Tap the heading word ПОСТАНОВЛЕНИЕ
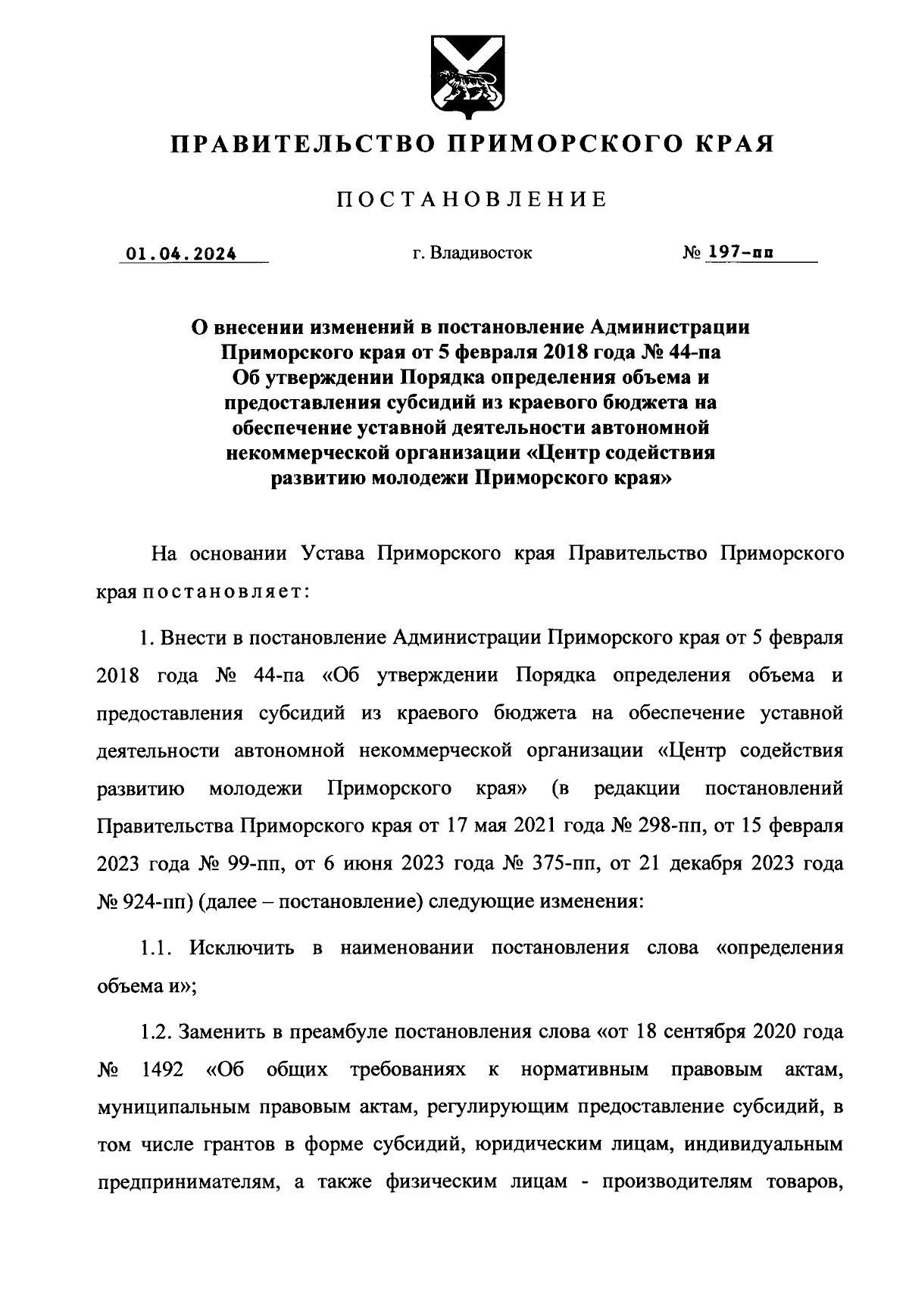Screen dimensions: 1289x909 (x=471, y=200)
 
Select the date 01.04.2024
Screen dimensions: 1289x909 (x=182, y=254)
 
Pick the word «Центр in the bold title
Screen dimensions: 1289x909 (x=565, y=453)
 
